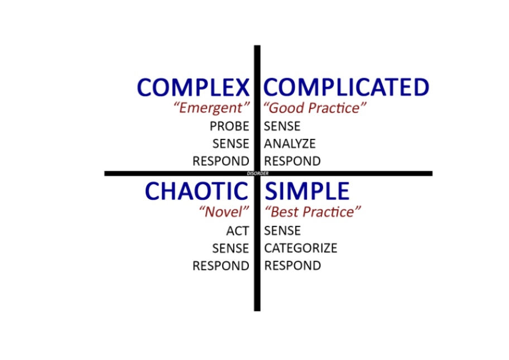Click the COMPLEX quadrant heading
193,88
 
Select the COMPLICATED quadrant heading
346,88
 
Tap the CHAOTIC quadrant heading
196,191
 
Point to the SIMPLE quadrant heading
306,191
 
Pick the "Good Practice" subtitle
315,108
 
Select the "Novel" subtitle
224,212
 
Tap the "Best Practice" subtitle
313,212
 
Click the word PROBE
229,126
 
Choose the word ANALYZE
290,144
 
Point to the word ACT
237,231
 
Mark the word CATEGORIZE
300,248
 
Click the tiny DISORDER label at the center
257,174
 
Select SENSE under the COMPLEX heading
231,144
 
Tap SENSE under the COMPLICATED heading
282,126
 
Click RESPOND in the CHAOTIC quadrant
220,266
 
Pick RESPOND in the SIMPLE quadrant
292,266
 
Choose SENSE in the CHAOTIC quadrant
231,248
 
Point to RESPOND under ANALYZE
292,161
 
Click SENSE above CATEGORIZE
282,231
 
